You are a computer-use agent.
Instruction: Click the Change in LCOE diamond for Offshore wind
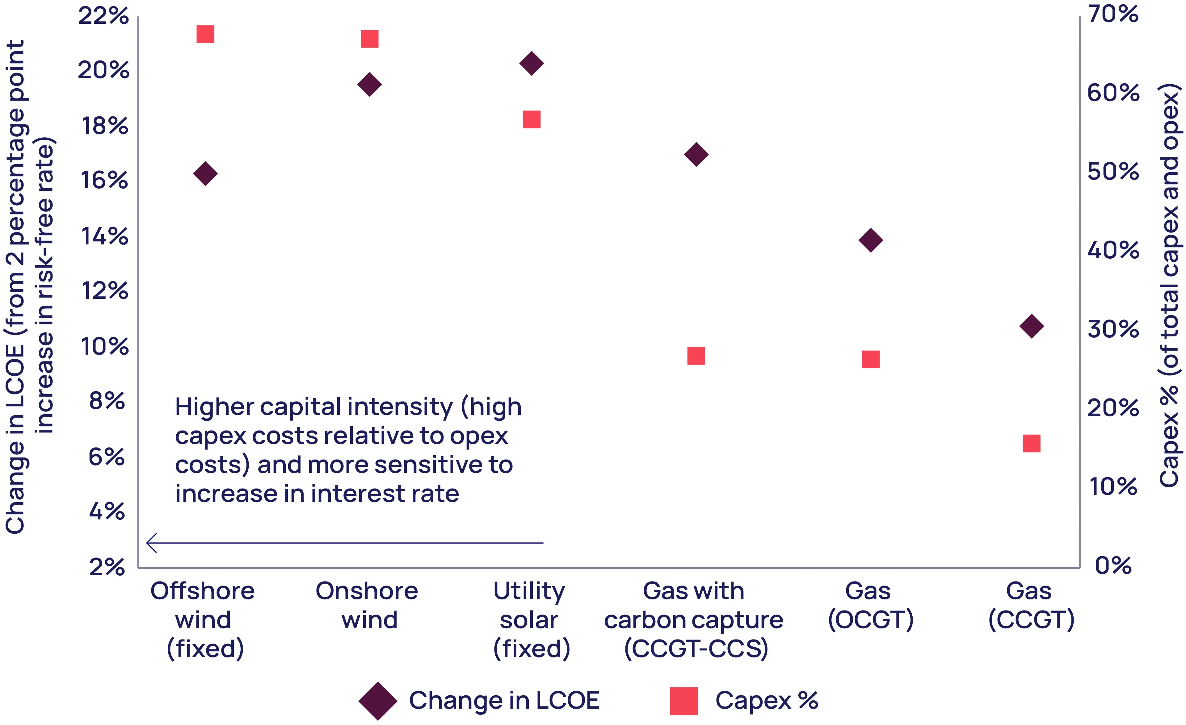205,174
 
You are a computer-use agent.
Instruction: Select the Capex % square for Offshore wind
205,34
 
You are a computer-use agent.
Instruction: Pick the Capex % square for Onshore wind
370,39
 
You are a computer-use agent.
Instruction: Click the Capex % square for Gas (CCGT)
1032,444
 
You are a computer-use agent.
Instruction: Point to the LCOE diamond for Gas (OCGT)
871,240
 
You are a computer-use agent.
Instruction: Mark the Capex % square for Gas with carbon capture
696,356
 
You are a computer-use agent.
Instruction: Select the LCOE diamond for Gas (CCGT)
1032,326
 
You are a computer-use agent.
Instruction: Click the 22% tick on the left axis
103,16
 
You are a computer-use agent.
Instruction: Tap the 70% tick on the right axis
1113,14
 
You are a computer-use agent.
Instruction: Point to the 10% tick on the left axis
104,346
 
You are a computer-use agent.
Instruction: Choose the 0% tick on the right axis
1113,565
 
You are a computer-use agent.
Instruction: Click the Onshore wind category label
367,605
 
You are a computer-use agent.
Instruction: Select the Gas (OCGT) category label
870,605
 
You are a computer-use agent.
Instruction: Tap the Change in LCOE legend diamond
378,701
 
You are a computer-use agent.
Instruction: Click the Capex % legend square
684,701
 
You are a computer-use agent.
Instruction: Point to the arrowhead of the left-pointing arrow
147,543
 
